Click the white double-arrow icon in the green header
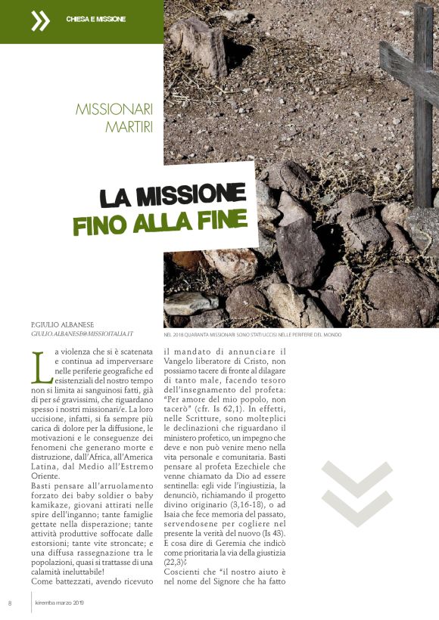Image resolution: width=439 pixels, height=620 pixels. tap(40, 21)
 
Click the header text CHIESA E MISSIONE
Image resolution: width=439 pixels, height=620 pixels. tap(96, 18)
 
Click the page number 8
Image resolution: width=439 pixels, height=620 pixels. tap(10, 603)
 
